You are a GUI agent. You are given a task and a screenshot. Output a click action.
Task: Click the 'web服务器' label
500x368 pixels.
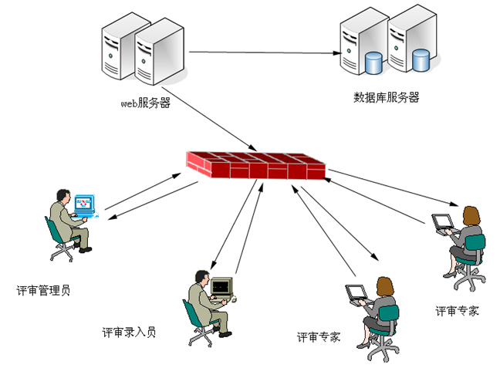[144, 102]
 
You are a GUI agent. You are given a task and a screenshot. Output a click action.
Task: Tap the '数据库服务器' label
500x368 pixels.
[386, 98]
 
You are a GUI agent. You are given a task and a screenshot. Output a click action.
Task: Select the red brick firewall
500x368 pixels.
[255, 164]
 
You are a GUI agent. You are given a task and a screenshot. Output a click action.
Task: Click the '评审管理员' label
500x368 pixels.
[43, 291]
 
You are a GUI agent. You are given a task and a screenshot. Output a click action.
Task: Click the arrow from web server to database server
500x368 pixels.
[262, 53]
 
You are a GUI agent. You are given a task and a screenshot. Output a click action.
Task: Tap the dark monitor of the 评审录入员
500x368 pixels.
[221, 286]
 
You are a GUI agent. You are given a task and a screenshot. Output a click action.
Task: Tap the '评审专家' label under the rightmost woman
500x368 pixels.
[457, 312]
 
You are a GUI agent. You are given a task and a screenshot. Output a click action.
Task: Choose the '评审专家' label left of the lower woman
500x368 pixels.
[319, 337]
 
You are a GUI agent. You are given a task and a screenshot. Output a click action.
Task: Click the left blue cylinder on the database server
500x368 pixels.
[373, 62]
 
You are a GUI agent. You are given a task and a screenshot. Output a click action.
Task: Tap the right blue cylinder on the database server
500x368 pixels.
[421, 59]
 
